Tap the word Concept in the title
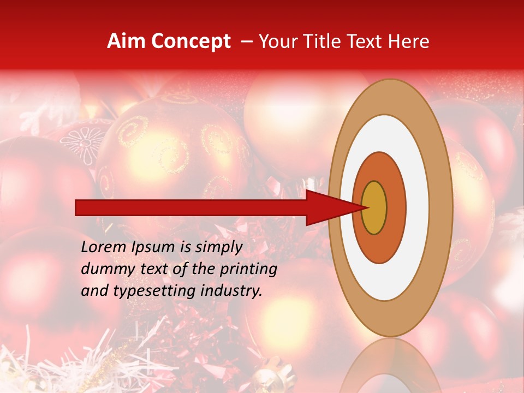191,41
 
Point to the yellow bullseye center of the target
374,208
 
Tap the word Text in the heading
366,41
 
